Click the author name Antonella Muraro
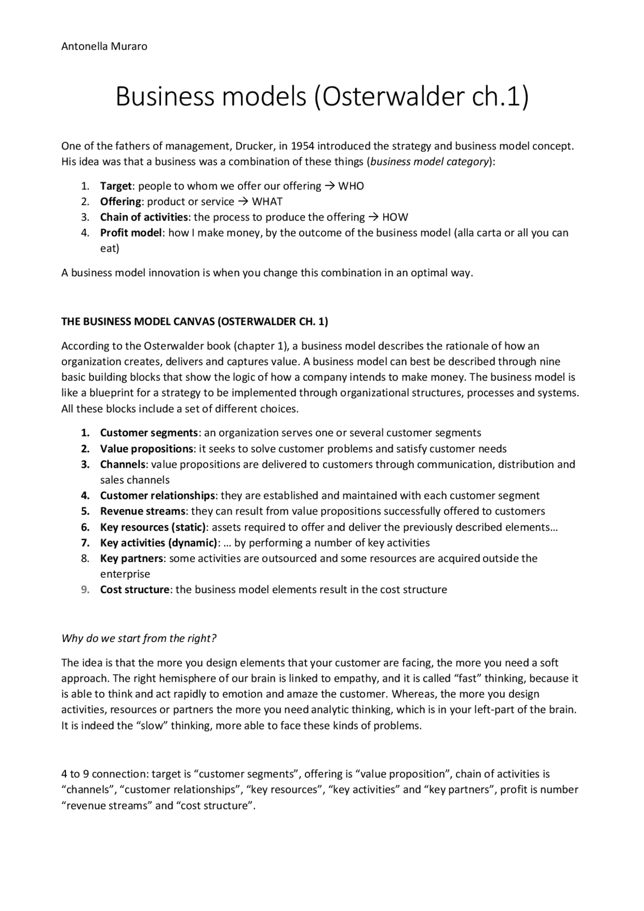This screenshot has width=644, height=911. [x=104, y=47]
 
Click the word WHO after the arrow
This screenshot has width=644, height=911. [x=351, y=186]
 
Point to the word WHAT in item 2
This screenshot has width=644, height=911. [x=267, y=202]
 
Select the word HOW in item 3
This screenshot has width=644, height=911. [x=395, y=217]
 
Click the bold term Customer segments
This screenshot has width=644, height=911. [x=149, y=433]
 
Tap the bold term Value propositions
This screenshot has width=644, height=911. [x=146, y=449]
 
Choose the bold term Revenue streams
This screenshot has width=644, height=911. [x=142, y=512]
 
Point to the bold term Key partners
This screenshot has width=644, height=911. [x=131, y=558]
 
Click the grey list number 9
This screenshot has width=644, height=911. [x=85, y=590]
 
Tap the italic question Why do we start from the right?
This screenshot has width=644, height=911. [x=139, y=639]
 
